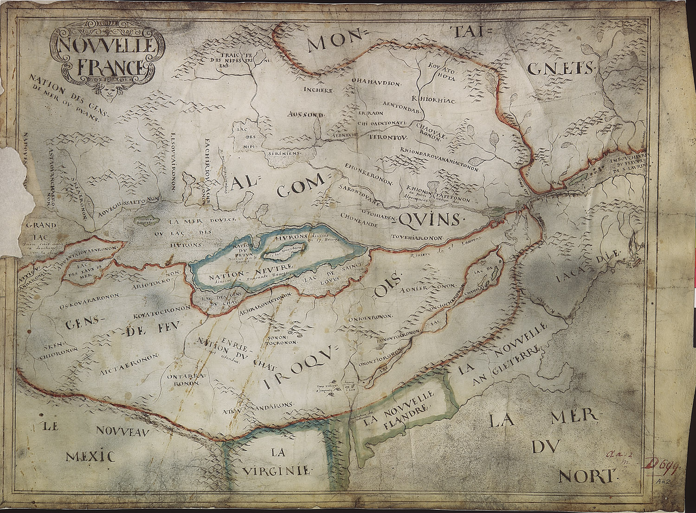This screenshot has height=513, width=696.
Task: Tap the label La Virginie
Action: click(277, 462)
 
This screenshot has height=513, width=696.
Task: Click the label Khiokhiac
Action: click(434, 99)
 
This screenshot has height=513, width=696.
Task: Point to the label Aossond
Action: click(306, 114)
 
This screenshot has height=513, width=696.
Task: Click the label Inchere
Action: click(318, 90)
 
